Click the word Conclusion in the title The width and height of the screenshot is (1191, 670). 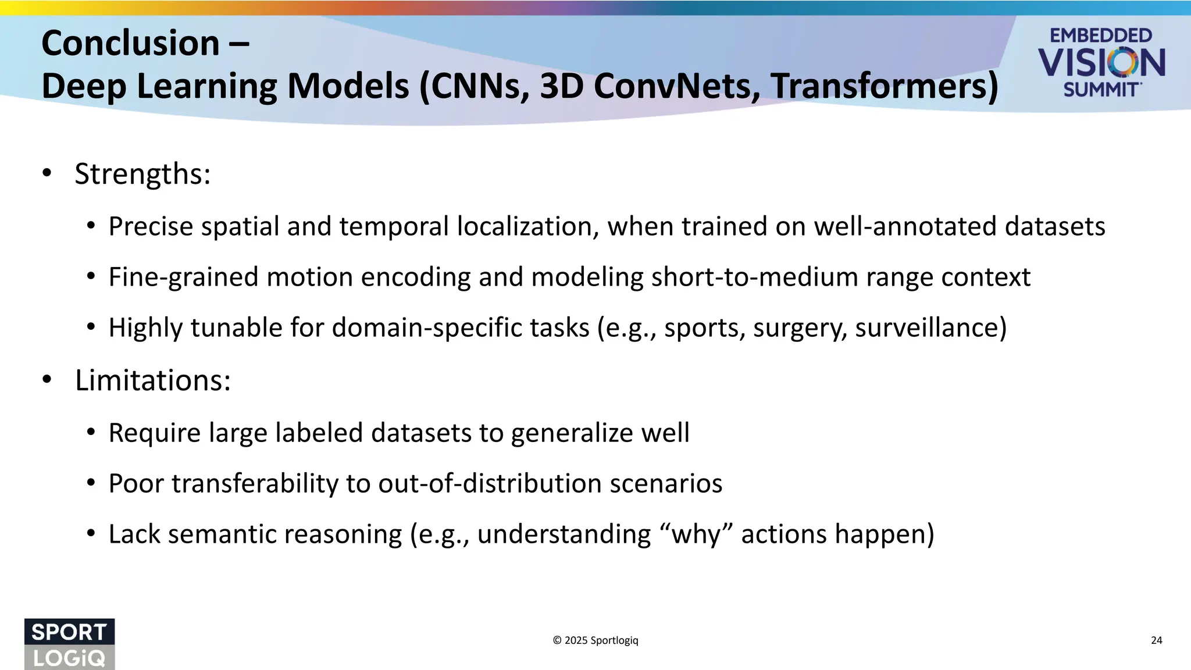click(x=130, y=44)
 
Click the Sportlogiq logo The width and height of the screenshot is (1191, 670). click(x=69, y=644)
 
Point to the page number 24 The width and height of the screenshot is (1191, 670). click(x=1156, y=640)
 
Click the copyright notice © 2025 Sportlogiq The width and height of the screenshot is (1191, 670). click(x=595, y=640)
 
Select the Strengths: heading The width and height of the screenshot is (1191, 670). click(x=142, y=174)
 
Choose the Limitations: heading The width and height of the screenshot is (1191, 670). click(x=153, y=380)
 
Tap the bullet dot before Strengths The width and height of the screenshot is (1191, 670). click(x=47, y=173)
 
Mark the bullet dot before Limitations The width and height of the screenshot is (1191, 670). click(x=47, y=380)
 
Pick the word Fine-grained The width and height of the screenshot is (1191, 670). click(x=183, y=277)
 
